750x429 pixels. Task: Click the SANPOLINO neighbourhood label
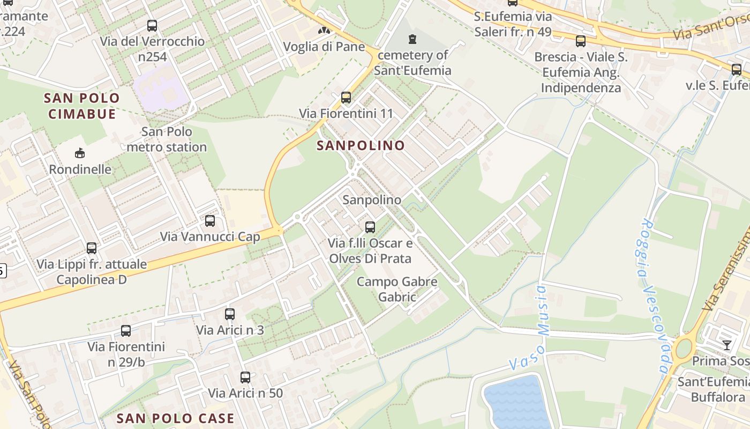(361, 145)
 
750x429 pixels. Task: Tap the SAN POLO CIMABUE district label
(82, 106)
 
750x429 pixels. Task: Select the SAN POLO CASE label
(175, 418)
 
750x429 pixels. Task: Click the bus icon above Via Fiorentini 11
(346, 98)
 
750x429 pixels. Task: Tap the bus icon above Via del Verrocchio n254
(152, 25)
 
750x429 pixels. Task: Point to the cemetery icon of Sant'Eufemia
(412, 39)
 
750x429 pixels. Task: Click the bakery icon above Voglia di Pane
(324, 31)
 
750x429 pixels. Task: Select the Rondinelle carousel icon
(80, 153)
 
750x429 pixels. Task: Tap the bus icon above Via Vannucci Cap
(210, 220)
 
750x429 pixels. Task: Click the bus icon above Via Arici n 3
(230, 314)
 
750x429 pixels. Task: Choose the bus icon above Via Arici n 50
(245, 378)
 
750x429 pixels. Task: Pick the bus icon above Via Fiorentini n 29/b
(126, 331)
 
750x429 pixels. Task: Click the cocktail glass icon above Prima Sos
(726, 345)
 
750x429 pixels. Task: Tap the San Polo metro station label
(167, 139)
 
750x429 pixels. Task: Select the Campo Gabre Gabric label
(397, 289)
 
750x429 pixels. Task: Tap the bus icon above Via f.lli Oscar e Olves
(370, 227)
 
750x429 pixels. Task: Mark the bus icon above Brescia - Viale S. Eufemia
(580, 41)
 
